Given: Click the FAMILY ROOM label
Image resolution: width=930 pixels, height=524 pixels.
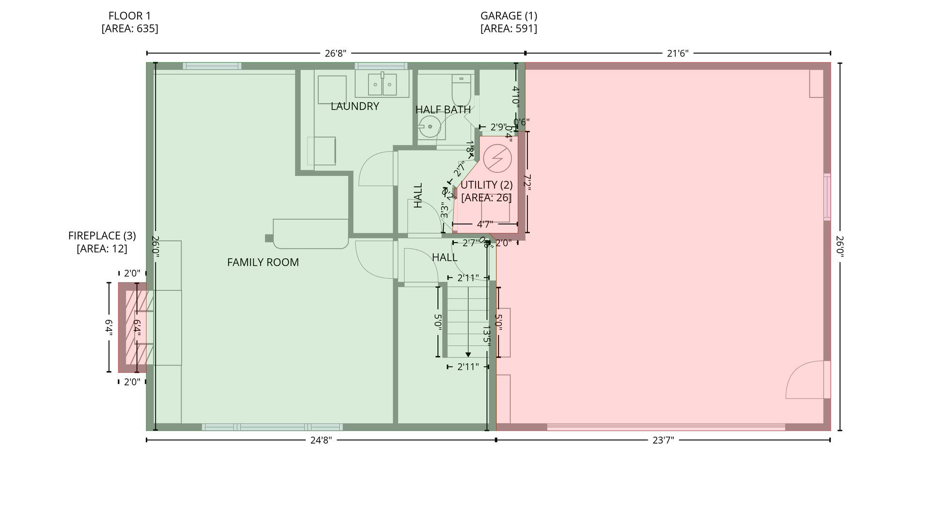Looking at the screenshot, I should click(263, 262).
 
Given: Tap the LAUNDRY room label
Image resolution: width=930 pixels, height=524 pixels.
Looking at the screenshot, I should click(355, 107).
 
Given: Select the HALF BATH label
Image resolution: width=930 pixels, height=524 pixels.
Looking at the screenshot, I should click(443, 110).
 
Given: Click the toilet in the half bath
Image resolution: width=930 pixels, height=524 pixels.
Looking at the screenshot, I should click(461, 89).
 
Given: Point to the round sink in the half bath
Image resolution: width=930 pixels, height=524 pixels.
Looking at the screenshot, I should click(429, 127).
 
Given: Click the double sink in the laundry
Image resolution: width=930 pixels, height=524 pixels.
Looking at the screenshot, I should click(382, 85).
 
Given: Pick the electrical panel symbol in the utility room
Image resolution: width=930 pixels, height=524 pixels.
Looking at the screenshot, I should click(497, 159).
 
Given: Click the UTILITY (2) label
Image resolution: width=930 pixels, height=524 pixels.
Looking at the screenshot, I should click(486, 185).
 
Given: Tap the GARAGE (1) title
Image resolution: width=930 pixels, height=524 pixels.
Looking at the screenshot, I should click(509, 16).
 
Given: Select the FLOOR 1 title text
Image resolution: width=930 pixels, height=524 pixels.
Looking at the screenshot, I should click(130, 16).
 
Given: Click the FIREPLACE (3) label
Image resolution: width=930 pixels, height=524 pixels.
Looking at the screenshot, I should click(102, 236).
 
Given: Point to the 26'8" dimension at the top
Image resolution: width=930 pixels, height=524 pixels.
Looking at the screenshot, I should click(335, 53).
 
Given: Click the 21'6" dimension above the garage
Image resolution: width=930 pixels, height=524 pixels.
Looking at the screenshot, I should click(678, 53).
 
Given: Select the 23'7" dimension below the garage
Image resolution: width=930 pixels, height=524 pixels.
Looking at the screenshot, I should click(663, 440).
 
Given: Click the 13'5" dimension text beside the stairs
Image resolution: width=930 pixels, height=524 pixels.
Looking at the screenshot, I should click(487, 334).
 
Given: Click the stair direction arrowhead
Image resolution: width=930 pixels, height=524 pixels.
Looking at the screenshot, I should click(468, 355).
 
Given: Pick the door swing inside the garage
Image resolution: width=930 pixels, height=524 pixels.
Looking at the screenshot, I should click(804, 381).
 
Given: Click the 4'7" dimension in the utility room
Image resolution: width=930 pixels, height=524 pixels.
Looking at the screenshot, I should click(485, 224).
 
